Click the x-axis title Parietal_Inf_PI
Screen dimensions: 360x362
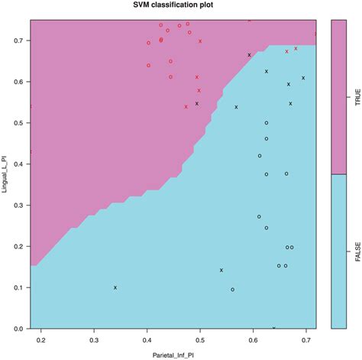(x=173, y=354)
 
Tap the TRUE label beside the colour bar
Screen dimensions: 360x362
(x=357, y=103)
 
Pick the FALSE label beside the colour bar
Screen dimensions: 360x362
(x=357, y=251)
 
